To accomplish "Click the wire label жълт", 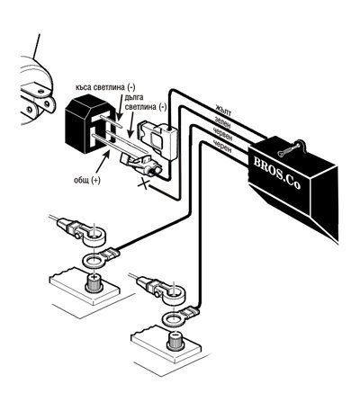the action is point(223,111).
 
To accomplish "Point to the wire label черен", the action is point(221,146).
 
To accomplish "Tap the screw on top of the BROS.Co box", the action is point(288,149).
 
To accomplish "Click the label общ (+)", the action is point(87,181).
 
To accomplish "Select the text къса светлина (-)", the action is point(105,87).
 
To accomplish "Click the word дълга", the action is point(133,97).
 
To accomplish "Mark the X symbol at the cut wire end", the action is point(143,184).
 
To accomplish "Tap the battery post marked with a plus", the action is point(94,282).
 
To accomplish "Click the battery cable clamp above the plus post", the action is point(81,233).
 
